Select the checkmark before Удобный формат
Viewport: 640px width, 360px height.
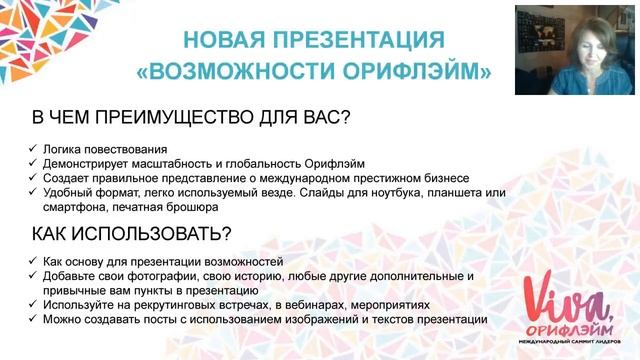coord(33,193)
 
